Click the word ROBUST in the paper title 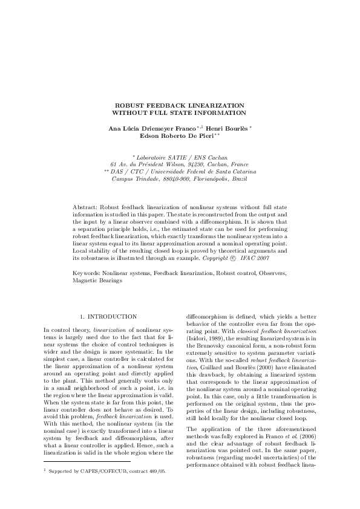pos(128,105)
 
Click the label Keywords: pos(87,274)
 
